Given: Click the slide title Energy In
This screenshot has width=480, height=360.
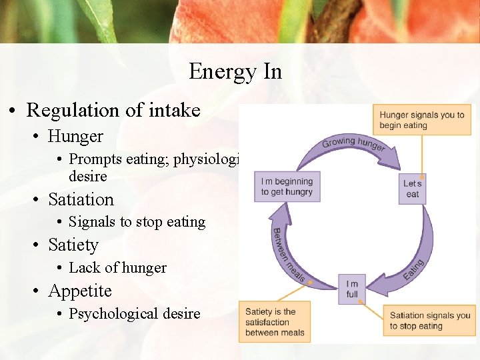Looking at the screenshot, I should (x=235, y=71).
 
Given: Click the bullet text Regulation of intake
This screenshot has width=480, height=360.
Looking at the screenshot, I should (x=113, y=110).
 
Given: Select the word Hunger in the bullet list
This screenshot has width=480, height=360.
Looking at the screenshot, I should (x=75, y=137).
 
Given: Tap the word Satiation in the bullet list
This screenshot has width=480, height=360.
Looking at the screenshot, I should (x=81, y=200).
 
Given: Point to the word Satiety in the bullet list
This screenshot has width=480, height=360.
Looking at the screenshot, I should (x=73, y=245).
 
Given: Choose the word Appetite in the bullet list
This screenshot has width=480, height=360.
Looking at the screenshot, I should (x=80, y=291).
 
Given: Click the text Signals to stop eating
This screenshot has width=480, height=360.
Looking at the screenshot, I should (x=137, y=222).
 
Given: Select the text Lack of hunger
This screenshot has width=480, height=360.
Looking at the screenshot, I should (x=117, y=268).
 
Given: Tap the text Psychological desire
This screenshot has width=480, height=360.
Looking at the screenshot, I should (x=134, y=314).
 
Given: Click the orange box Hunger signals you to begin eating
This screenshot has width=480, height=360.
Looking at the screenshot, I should (x=421, y=120).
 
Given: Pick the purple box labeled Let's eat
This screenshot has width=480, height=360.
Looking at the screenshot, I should (x=413, y=189).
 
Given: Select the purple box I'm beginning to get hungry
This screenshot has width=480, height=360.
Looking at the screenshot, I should (x=287, y=187).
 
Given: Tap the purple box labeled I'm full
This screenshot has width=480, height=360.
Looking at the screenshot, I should (x=352, y=289).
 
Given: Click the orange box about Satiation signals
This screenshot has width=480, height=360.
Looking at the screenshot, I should (x=429, y=321).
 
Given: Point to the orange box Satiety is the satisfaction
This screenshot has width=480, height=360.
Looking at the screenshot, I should (x=275, y=322).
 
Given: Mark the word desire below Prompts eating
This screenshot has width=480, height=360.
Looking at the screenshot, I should (x=87, y=177).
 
